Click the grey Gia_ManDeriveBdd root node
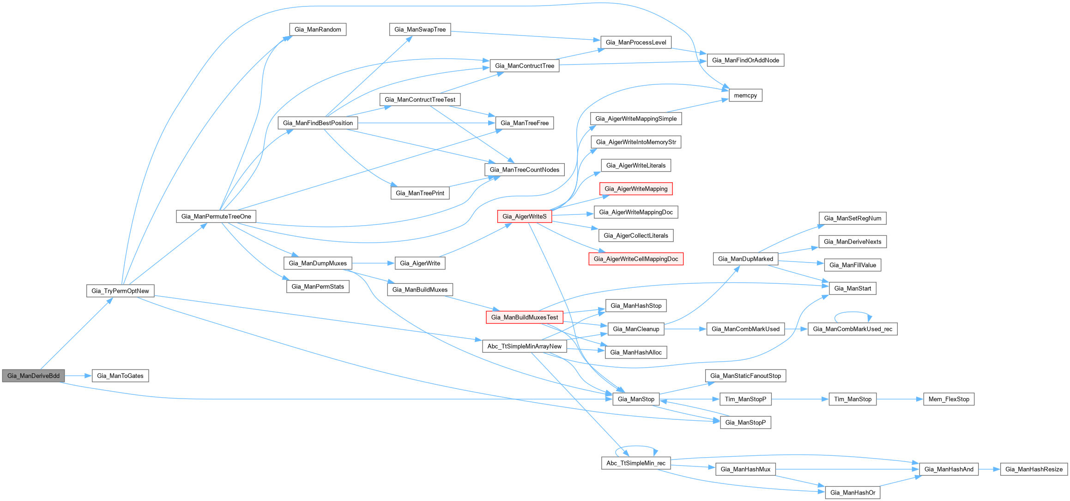tap(33, 376)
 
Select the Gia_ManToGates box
tap(120, 376)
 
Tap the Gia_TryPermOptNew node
tap(120, 291)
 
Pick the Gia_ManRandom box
tap(318, 30)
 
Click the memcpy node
tap(745, 95)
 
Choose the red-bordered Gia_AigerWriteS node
tap(524, 216)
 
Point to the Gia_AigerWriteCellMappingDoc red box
tap(636, 259)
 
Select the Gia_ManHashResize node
tap(1034, 469)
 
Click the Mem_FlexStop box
tap(949, 399)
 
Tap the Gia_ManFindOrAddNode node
tap(745, 60)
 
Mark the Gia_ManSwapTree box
tap(420, 30)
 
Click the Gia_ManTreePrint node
tap(420, 193)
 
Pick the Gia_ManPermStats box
tap(318, 286)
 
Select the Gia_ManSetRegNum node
tap(852, 218)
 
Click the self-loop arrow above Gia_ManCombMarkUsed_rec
tap(852, 313)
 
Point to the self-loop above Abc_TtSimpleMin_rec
tap(636, 447)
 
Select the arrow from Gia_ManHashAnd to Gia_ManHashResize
tap(989, 469)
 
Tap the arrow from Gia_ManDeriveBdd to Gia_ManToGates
tap(79, 376)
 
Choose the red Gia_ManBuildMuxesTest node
tap(524, 317)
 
